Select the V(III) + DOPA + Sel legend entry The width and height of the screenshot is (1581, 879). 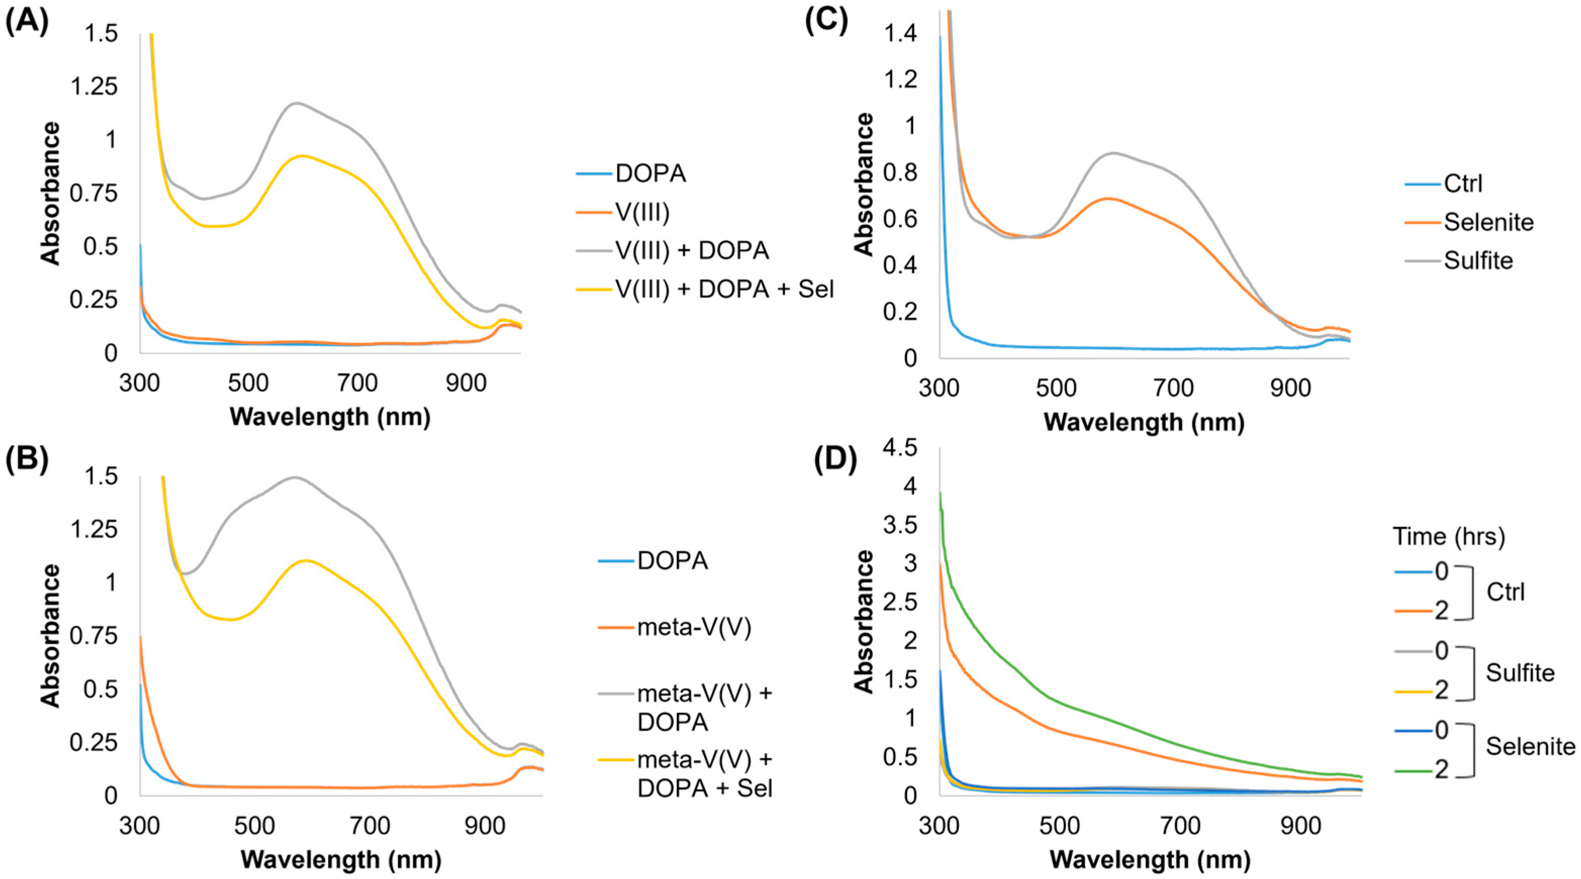click(724, 289)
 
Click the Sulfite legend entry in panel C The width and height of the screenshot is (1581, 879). click(1478, 261)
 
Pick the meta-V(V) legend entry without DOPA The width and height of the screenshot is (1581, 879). click(694, 628)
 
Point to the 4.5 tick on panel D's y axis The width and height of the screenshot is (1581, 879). click(900, 448)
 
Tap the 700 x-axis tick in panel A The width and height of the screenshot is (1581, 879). click(357, 383)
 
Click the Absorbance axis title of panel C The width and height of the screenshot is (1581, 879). click(864, 184)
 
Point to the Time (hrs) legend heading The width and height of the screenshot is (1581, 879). click(1449, 537)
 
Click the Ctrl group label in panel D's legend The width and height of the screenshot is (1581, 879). click(1506, 592)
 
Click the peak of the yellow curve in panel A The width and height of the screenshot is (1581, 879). click(303, 156)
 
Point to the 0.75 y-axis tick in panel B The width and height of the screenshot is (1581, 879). click(92, 636)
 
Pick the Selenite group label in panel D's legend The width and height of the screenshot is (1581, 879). click(1530, 747)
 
